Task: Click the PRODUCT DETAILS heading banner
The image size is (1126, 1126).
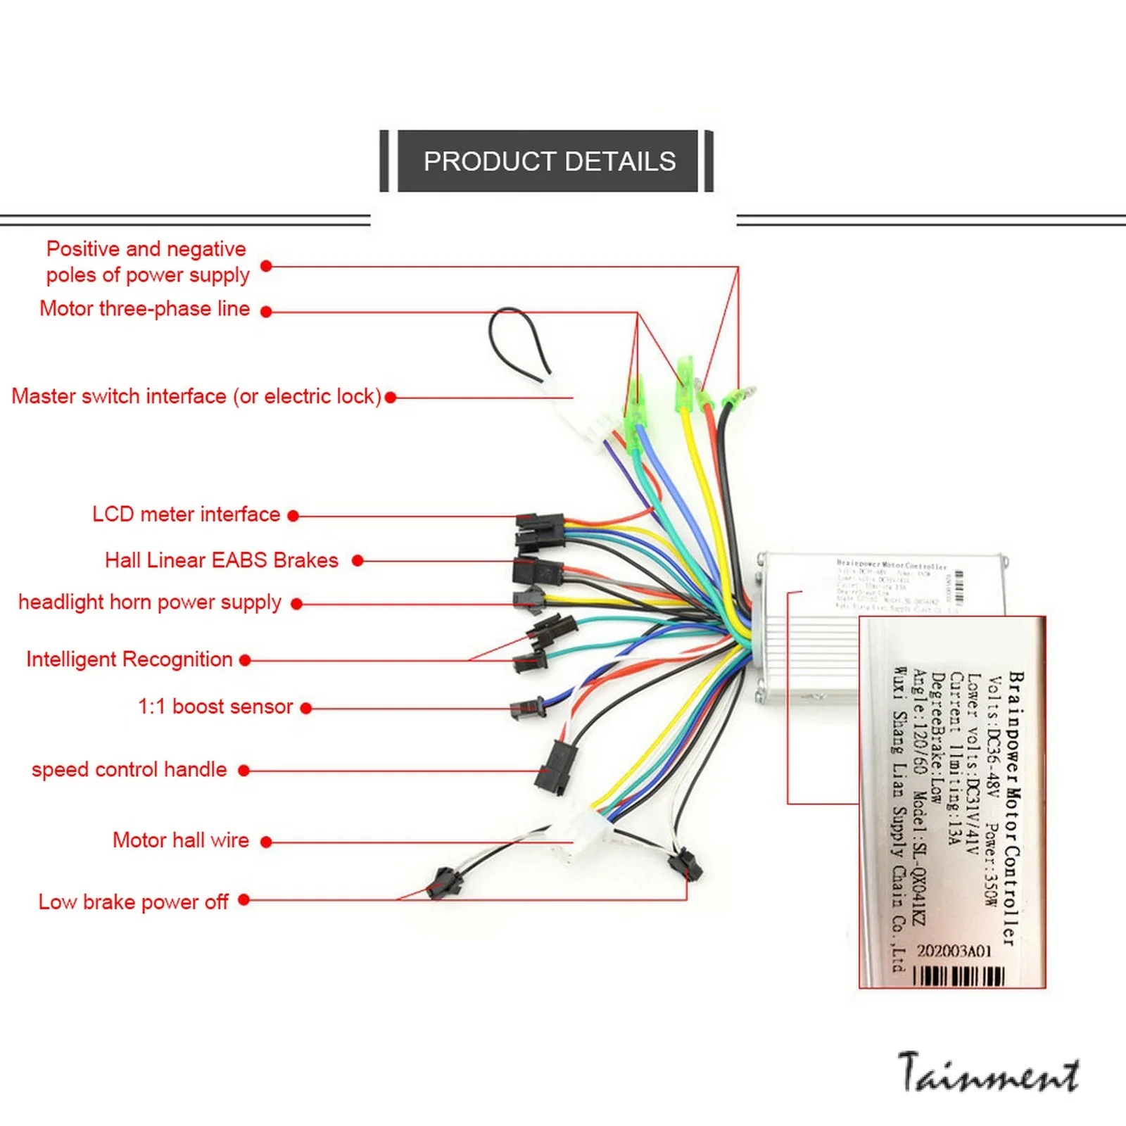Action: [548, 161]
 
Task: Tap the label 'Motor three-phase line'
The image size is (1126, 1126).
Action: [144, 309]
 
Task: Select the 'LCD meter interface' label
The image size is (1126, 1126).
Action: [186, 514]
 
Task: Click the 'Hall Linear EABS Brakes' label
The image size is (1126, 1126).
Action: [221, 560]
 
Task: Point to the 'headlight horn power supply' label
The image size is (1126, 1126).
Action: [149, 602]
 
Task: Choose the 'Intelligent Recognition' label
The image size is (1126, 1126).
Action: [129, 659]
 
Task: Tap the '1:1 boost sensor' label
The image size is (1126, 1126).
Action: [215, 707]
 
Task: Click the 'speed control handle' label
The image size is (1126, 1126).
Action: [129, 770]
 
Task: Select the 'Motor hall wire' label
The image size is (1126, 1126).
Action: [180, 840]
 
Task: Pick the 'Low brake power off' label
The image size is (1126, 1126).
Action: [133, 902]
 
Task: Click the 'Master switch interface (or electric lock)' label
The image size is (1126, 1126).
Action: [196, 396]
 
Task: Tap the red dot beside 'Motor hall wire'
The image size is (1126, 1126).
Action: [266, 842]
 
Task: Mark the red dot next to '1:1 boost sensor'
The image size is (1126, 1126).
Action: [306, 709]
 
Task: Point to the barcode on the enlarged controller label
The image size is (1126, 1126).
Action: [959, 975]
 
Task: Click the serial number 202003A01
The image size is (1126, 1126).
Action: [954, 951]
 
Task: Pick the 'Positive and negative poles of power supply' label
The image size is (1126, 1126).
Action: [147, 262]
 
